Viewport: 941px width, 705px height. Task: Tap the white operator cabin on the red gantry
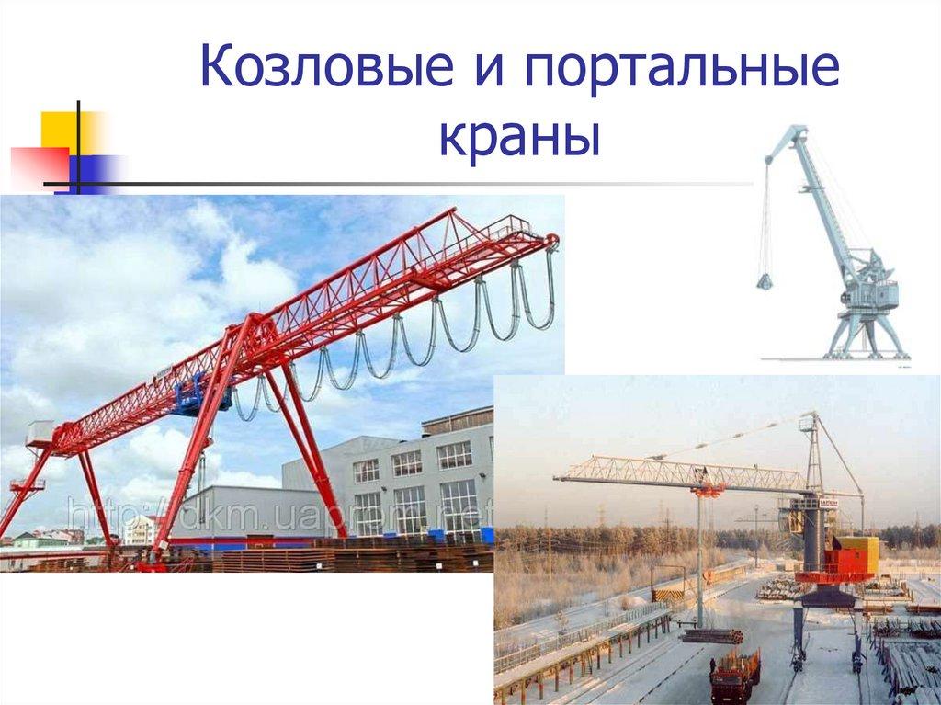(x=40, y=433)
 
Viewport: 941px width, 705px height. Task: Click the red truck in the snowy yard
(x=735, y=675)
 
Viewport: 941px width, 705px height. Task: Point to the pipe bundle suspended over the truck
(x=711, y=635)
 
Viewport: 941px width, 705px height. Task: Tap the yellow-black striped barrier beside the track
(x=667, y=595)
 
